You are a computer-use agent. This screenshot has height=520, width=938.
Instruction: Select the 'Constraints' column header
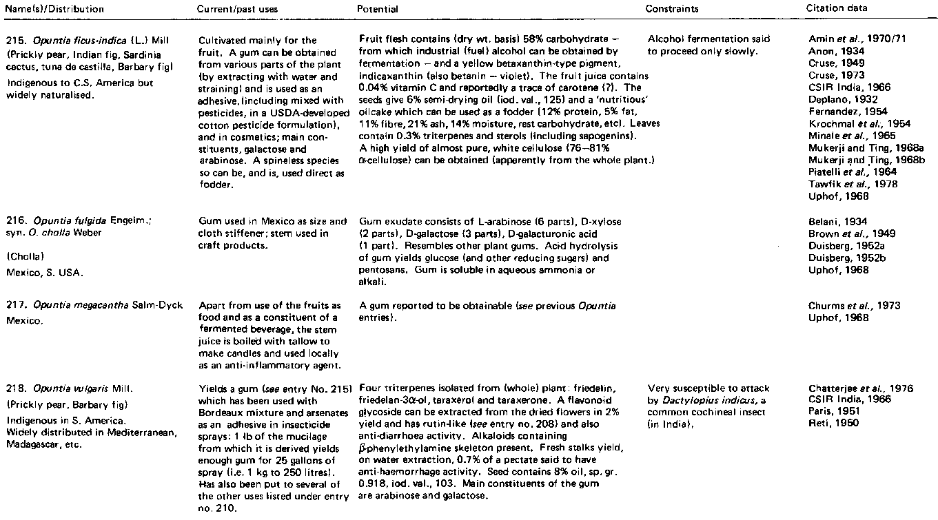tap(671, 10)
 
